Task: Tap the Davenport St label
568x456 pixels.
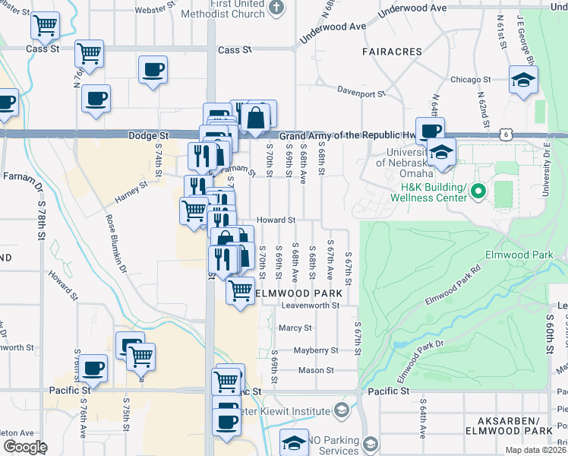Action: coord(361,94)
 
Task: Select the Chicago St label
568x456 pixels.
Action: coord(471,79)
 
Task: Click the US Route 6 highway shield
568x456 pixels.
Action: coord(506,134)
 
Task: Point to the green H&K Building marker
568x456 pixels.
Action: coord(478,191)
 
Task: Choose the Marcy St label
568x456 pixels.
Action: coord(295,328)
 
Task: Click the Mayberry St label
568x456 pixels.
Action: coord(315,350)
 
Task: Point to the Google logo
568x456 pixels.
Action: coord(24,447)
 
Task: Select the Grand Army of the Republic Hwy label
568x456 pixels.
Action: coord(349,136)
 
